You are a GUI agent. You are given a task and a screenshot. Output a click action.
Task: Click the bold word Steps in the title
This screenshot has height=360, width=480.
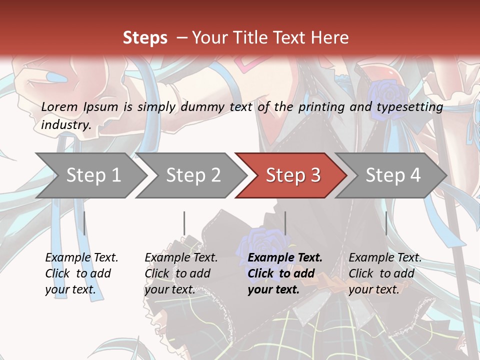pyautogui.click(x=145, y=37)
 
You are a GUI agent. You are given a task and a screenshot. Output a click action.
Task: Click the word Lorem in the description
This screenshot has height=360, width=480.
pyautogui.click(x=59, y=106)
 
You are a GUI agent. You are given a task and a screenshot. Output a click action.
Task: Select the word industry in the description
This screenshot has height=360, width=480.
pyautogui.click(x=66, y=124)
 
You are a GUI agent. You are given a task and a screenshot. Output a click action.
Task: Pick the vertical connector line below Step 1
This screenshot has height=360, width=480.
pyautogui.click(x=84, y=223)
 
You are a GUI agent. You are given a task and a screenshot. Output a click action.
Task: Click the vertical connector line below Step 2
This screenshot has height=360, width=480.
pyautogui.click(x=184, y=223)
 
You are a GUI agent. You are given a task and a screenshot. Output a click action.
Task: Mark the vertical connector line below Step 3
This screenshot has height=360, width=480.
pyautogui.click(x=285, y=223)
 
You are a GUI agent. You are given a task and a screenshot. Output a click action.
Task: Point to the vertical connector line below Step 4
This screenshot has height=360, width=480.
pyautogui.click(x=386, y=223)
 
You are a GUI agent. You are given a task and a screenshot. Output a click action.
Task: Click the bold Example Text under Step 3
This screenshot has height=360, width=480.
pyautogui.click(x=285, y=258)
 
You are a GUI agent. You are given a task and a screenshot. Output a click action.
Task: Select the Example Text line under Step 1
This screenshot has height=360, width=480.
pyautogui.click(x=82, y=258)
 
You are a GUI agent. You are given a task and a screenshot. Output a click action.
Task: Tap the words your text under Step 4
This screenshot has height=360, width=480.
pyautogui.click(x=373, y=289)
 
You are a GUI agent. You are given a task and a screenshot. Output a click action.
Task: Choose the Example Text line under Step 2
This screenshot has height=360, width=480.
pyautogui.click(x=181, y=258)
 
